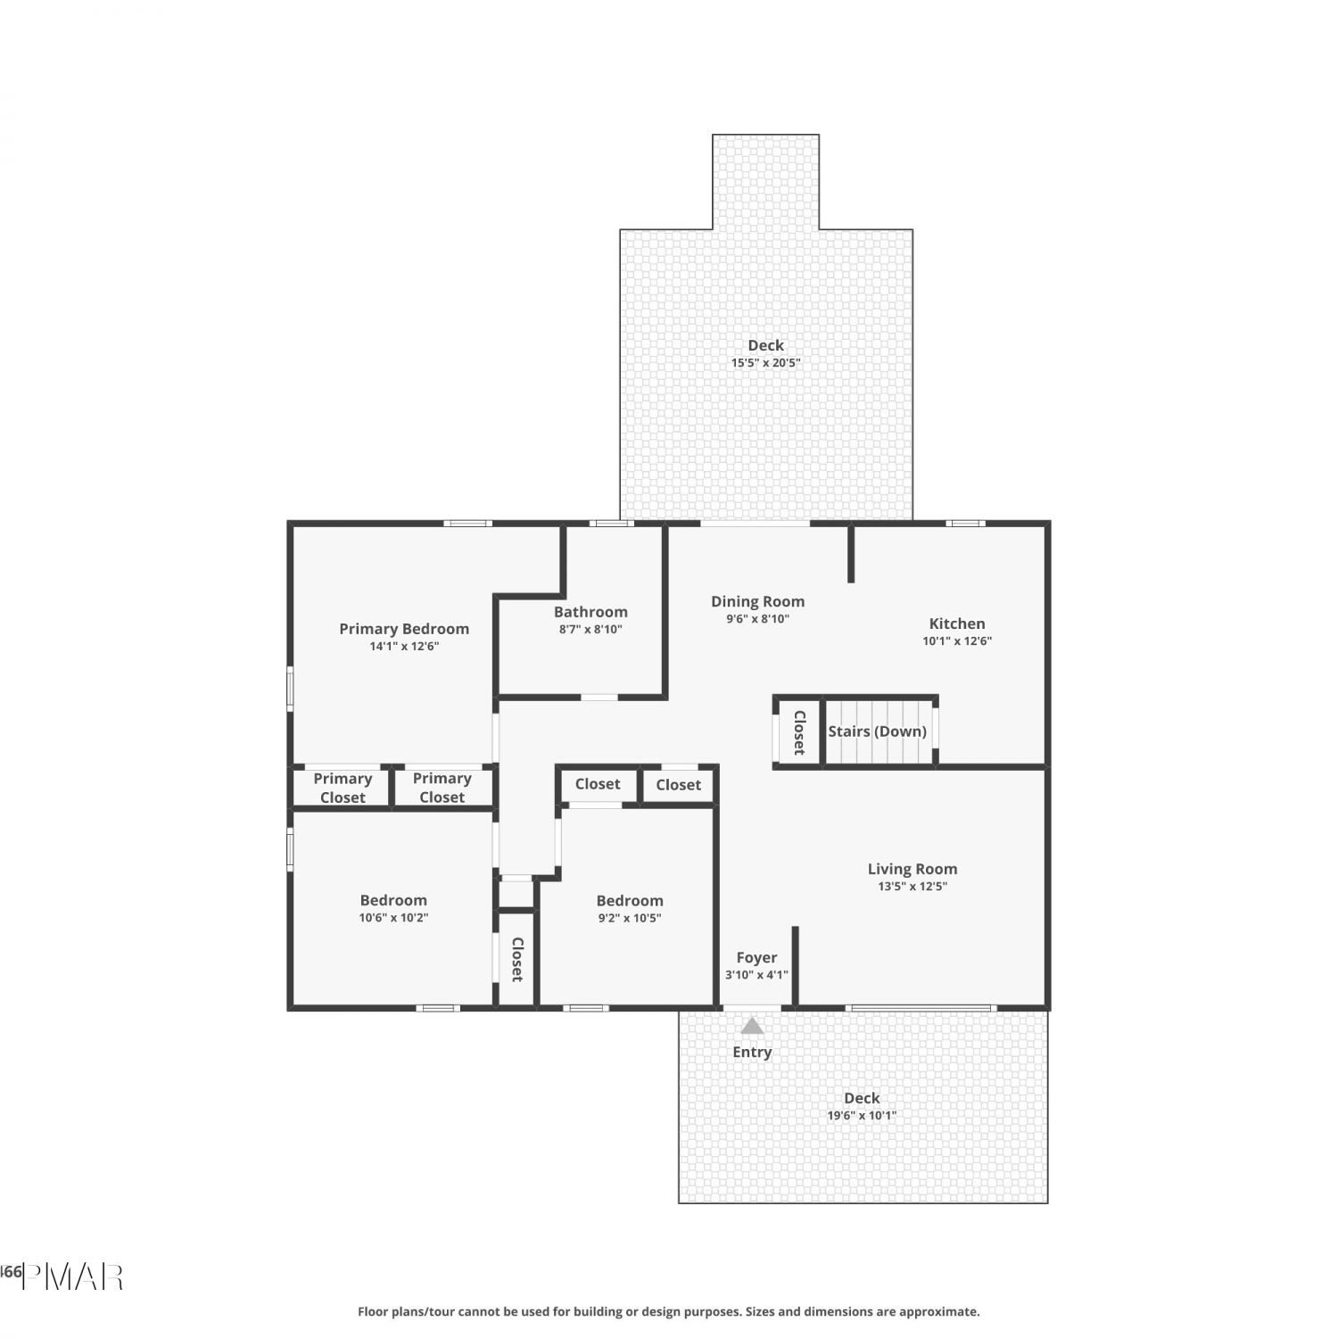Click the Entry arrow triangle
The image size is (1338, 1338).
coord(752,1026)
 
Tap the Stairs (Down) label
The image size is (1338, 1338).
coord(877,731)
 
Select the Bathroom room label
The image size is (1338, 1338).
coord(591,612)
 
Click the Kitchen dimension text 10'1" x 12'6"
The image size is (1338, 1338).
coord(957,640)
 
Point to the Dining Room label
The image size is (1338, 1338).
coord(757,601)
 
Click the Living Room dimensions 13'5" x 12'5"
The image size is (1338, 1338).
coord(913,886)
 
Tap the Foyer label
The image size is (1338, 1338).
coord(756,958)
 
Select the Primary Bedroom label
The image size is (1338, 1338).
coord(404,629)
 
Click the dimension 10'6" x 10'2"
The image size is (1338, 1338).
coord(393,917)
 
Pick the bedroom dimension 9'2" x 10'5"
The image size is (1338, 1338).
coord(630,918)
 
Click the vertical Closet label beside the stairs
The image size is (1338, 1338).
coord(799,732)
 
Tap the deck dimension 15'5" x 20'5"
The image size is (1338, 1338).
coord(766,363)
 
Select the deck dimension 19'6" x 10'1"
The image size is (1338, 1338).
coord(862,1115)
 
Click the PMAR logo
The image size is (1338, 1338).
coord(72,1277)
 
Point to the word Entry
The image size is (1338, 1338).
coord(752,1053)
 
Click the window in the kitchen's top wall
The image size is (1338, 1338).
coord(966,524)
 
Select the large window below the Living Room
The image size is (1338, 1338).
coord(921,1008)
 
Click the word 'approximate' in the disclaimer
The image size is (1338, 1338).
coord(938,1312)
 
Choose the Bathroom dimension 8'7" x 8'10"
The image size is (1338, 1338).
coord(591,629)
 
